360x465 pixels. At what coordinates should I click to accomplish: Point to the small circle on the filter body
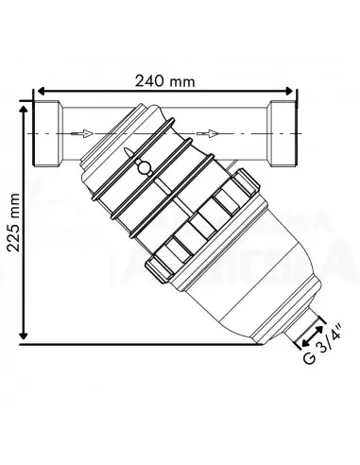tap(144, 169)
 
